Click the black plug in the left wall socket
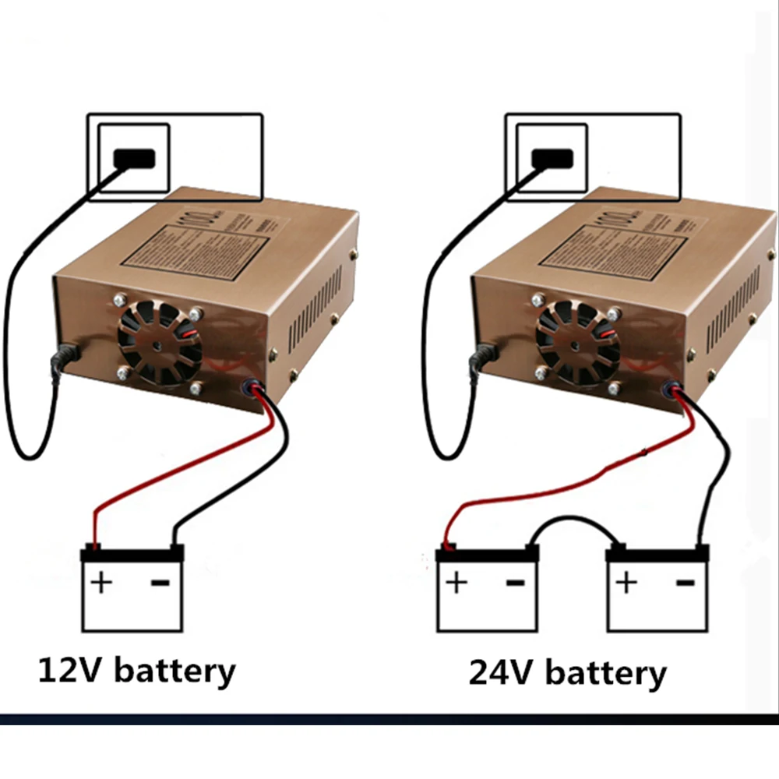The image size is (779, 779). [x=134, y=158]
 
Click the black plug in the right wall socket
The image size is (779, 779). [x=552, y=158]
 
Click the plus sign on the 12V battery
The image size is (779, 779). [x=101, y=583]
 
